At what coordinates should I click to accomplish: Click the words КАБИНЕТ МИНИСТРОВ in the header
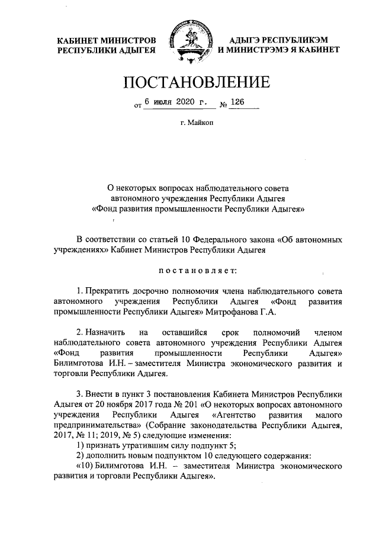pos(107,40)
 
